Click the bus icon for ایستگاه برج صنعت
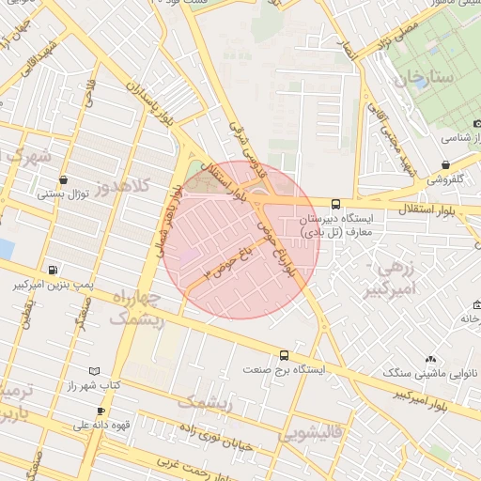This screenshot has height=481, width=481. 285,355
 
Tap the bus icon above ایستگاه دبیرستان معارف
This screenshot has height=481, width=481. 335,203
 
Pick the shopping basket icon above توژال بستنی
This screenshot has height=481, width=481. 62,179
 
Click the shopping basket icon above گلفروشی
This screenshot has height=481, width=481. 445,163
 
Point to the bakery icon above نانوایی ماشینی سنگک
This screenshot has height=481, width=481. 430,359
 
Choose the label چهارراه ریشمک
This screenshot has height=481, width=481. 137,307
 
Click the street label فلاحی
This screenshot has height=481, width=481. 91,92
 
